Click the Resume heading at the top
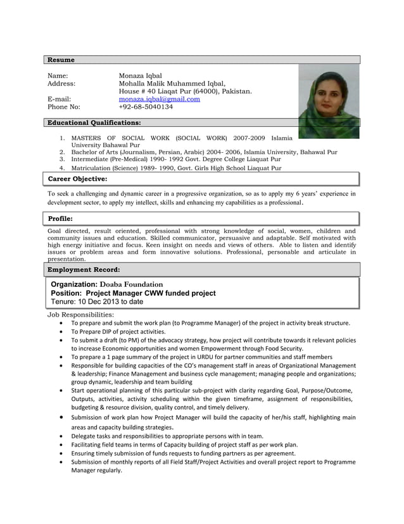(61, 60)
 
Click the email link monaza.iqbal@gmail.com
(160, 99)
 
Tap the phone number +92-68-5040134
(146, 107)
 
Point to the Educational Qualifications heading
(94, 122)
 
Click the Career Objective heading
(78, 180)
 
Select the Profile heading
(61, 219)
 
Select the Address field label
(61, 83)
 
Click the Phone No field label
(64, 107)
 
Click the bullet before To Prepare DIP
(60, 332)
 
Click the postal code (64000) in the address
(201, 91)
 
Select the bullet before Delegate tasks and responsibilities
(60, 436)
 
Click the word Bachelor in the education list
(85, 152)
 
